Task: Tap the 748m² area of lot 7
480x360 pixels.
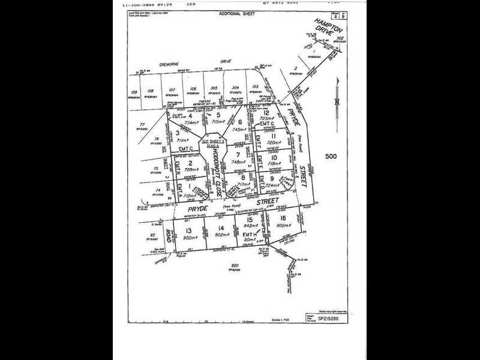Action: click(238, 161)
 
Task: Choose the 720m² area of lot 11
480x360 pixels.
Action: click(274, 143)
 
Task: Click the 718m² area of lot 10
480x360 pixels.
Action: click(274, 163)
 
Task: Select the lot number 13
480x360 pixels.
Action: click(189, 230)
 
